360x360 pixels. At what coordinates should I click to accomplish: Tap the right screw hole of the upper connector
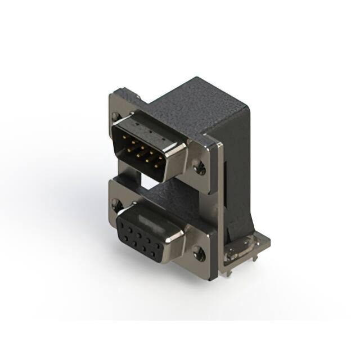coord(198,166)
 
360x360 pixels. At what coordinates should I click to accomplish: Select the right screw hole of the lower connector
coord(199,254)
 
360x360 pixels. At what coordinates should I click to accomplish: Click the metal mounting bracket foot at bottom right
coord(247,247)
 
